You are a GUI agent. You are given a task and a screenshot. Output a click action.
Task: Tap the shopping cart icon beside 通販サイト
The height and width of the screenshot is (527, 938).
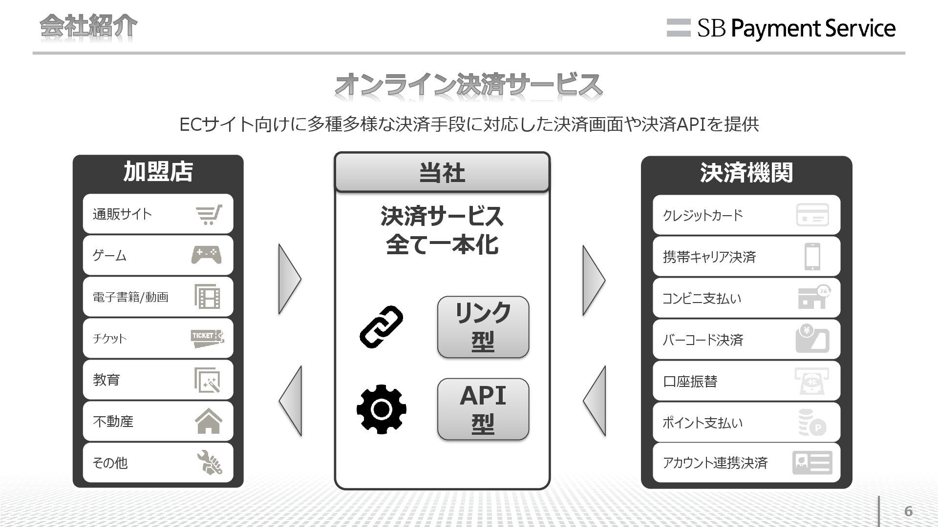point(209,214)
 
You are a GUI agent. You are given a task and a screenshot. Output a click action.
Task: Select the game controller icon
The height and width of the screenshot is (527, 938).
point(206,255)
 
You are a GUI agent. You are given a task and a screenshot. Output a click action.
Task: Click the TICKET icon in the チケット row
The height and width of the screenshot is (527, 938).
point(207,338)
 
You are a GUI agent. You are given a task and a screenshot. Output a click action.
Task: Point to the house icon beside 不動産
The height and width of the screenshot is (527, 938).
point(208,421)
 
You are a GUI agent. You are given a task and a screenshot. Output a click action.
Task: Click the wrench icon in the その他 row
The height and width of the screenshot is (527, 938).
point(209,463)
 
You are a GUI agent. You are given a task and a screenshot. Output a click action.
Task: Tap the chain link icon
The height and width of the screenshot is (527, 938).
point(381,326)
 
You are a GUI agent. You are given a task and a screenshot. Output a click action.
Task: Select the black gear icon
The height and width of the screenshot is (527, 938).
point(381,409)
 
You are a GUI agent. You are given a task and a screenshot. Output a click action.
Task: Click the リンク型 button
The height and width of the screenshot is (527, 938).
point(483,326)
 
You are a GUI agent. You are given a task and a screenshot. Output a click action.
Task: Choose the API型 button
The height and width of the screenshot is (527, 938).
point(483,409)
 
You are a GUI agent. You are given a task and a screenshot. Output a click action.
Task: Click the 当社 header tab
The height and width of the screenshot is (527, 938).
point(442,172)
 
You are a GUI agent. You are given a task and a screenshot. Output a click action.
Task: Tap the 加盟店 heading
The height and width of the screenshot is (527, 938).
point(158,172)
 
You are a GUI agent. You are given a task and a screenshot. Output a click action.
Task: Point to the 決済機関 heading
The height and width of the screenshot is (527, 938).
point(746,173)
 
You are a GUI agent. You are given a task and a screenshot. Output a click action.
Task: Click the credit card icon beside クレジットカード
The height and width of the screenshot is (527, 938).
point(812,215)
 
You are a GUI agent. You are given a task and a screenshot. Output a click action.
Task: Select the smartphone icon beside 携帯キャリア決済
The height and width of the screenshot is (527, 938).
point(812,256)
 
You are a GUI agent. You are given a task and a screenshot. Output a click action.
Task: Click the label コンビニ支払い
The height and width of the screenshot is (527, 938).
point(702,298)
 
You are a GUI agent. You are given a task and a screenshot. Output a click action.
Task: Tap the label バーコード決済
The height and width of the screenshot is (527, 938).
point(703,340)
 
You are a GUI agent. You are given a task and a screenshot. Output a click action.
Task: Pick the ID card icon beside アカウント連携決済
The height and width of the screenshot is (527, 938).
point(812,463)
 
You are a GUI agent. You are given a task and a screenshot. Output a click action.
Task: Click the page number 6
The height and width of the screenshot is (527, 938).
point(908,511)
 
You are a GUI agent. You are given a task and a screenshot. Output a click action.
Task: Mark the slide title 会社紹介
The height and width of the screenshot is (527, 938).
point(88,26)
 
